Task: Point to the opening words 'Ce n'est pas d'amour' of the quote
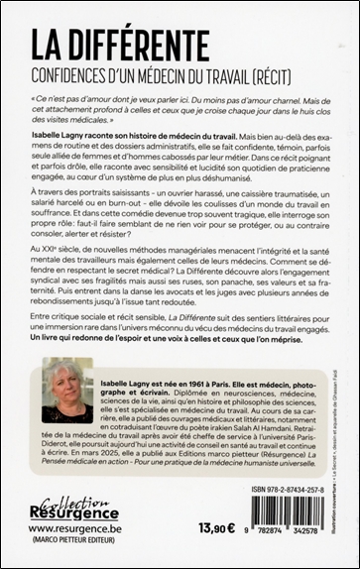pos(86,98)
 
